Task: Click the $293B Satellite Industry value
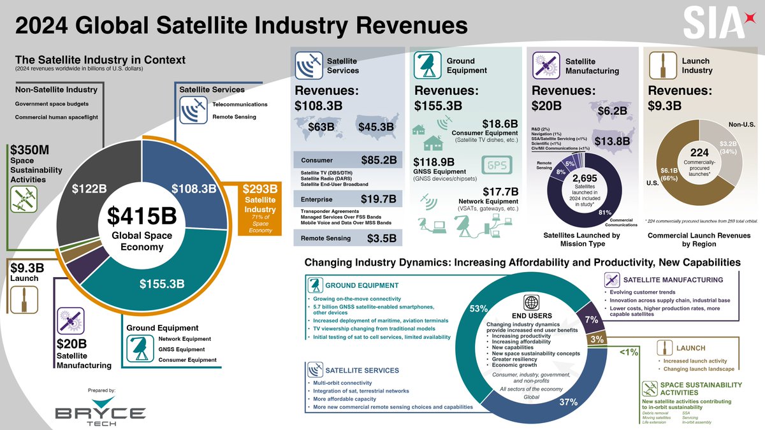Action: [x=260, y=189]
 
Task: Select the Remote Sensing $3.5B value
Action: [x=382, y=239]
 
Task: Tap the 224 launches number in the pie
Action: [x=699, y=153]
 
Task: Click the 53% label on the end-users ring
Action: [x=479, y=308]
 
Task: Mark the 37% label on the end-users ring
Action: [x=569, y=402]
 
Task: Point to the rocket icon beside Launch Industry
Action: [x=662, y=66]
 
